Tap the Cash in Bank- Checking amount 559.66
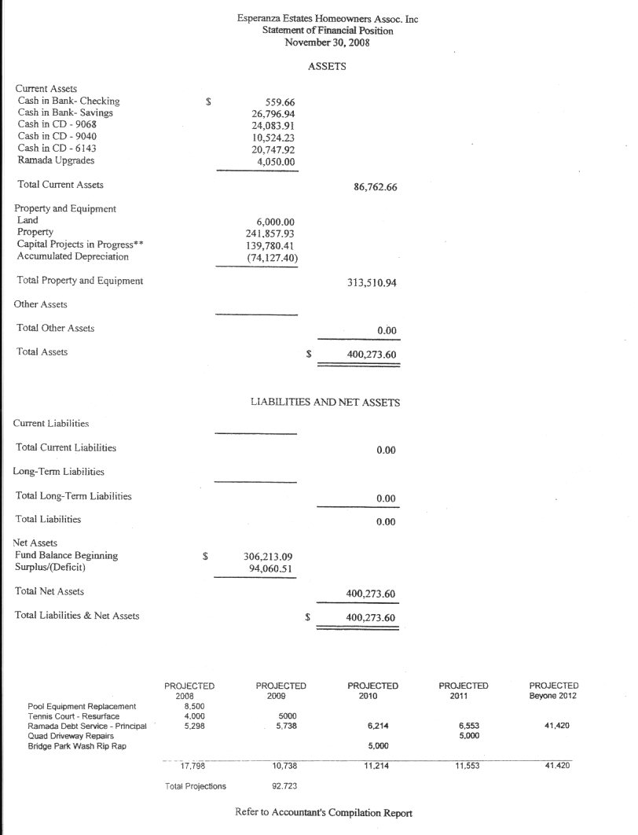pyautogui.click(x=276, y=101)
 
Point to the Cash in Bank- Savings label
pyautogui.click(x=65, y=113)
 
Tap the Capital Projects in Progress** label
pyautogui.click(x=80, y=245)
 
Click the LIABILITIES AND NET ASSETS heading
pyautogui.click(x=324, y=403)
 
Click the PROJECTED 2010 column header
pyautogui.click(x=372, y=691)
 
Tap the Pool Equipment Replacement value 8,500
pyautogui.click(x=183, y=706)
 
